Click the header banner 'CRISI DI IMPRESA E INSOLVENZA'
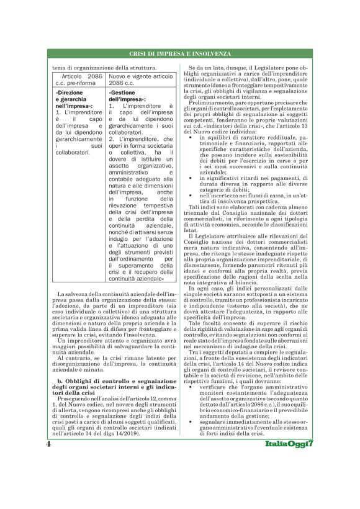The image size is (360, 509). click(x=180, y=55)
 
